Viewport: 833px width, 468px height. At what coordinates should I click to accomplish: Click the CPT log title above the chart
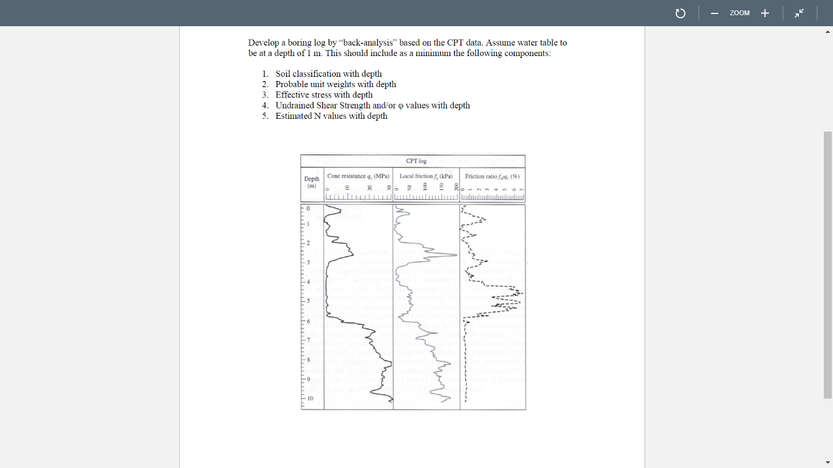tap(416, 161)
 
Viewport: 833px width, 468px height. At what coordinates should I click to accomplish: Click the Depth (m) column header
tap(312, 182)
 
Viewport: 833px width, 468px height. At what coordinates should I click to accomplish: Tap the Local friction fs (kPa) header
tap(426, 176)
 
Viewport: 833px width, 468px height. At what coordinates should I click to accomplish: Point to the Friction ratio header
tap(492, 176)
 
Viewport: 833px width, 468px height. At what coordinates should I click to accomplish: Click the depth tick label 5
tap(309, 301)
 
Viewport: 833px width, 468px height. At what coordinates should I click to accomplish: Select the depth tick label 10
tap(310, 399)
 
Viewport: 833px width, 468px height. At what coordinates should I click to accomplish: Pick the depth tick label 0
tap(309, 209)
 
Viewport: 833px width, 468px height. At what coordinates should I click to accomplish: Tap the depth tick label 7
tap(309, 340)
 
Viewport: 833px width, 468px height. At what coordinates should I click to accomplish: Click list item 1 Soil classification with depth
tap(328, 74)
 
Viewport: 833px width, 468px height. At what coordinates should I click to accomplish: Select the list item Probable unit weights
tap(335, 84)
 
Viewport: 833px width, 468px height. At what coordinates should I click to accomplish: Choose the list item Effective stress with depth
tap(324, 94)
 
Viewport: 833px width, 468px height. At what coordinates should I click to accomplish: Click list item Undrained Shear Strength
tap(372, 105)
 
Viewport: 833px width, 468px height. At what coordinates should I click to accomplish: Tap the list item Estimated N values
tap(331, 116)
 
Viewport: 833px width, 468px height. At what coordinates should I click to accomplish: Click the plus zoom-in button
tap(765, 13)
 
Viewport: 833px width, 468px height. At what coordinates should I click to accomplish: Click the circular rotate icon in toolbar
tap(681, 13)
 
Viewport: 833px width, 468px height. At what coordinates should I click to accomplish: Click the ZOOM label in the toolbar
tap(739, 13)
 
